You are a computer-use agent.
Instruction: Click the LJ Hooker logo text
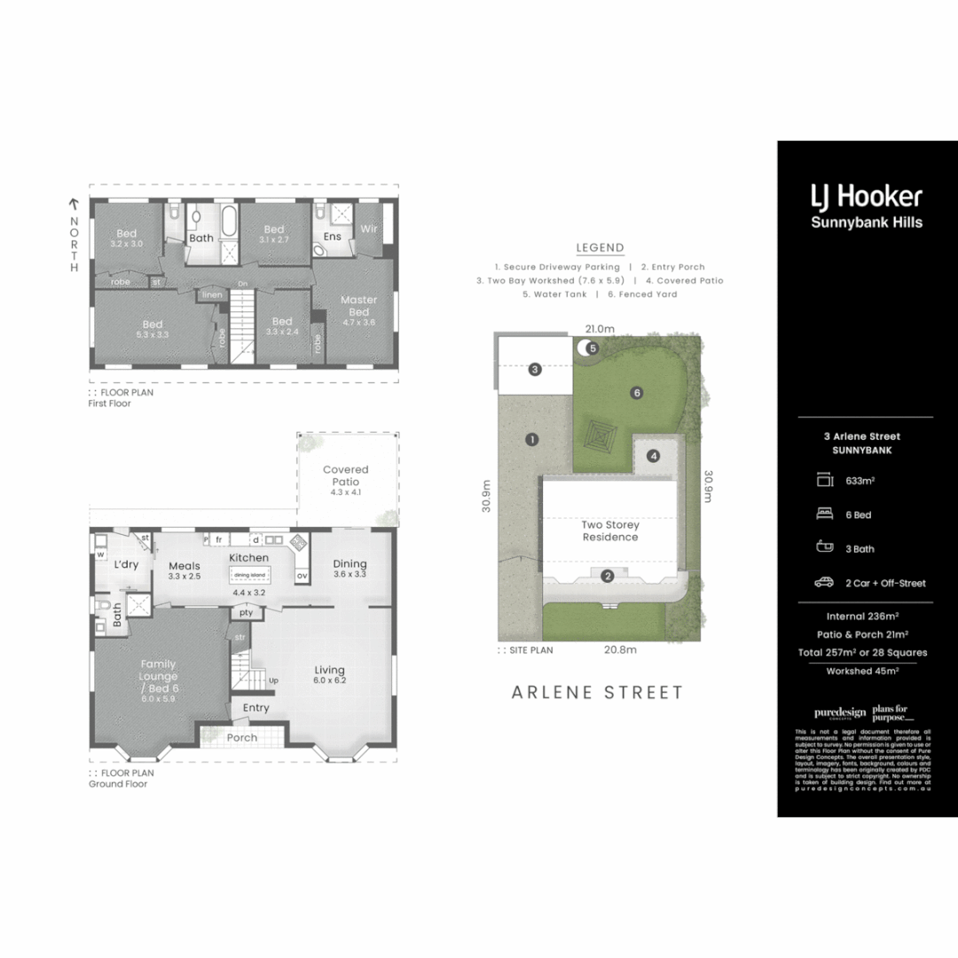(x=867, y=196)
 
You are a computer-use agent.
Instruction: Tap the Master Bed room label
(x=359, y=306)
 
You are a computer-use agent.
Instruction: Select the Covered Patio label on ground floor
(x=345, y=475)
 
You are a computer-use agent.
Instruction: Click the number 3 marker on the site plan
(x=535, y=369)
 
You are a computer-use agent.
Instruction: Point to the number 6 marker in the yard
(x=636, y=392)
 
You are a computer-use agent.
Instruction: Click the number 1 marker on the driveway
(x=531, y=439)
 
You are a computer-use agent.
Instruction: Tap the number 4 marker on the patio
(x=653, y=456)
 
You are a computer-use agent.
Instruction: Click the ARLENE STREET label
(x=598, y=693)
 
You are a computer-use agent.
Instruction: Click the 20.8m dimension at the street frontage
(x=619, y=649)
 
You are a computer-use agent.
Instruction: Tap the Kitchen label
(x=249, y=558)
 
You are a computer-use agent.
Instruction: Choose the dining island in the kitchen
(x=249, y=575)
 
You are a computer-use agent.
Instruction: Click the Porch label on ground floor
(x=241, y=737)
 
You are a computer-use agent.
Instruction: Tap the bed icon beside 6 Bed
(x=824, y=514)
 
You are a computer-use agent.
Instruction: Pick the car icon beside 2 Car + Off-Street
(x=824, y=583)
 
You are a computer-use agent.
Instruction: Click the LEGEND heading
(x=600, y=248)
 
